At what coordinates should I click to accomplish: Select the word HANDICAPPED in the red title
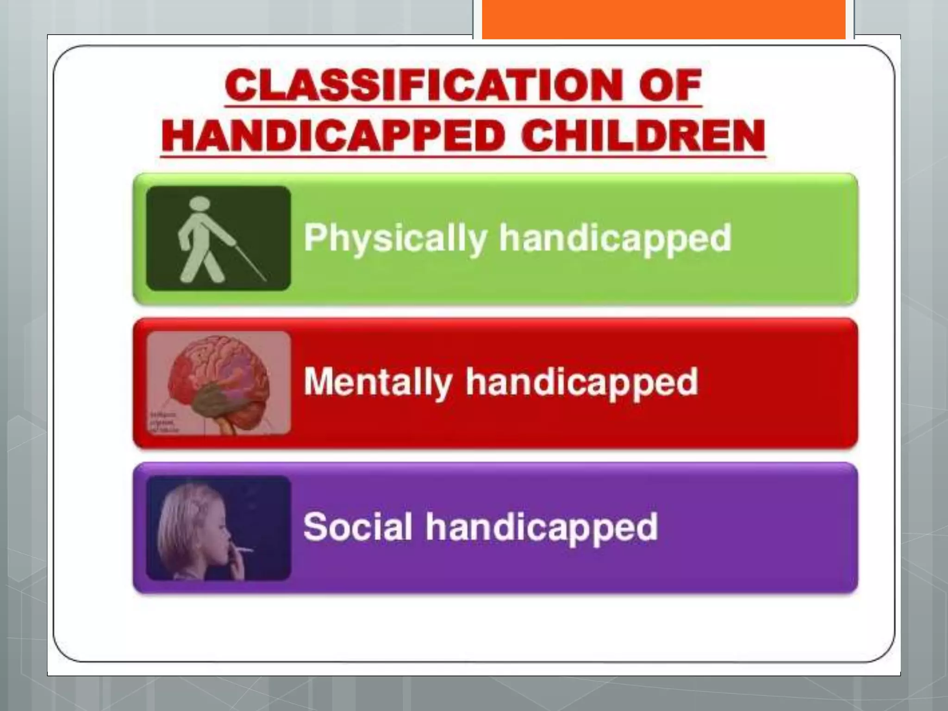point(333,136)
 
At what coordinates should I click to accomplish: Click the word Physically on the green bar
point(395,238)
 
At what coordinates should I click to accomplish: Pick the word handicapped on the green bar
point(615,238)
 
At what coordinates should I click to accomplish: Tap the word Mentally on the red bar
point(378,382)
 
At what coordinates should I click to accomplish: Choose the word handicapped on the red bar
point(582,382)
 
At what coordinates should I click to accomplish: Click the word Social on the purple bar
point(357,527)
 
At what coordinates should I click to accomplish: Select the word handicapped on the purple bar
point(542,527)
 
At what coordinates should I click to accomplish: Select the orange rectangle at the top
point(664,19)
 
